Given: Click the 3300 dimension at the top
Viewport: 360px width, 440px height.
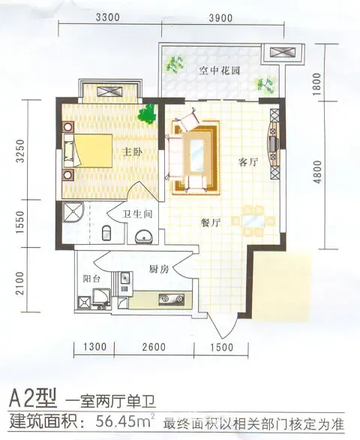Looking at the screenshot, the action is click(108, 17).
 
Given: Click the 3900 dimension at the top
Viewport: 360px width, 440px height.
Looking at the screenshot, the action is click(220, 18).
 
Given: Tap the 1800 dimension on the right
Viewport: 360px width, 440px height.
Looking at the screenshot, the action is click(316, 84).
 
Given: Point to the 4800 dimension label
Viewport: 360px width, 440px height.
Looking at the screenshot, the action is click(317, 172).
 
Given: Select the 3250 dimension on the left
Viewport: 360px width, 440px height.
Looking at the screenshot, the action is click(20, 151).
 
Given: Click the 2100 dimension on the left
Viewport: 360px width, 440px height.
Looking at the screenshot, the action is click(20, 283).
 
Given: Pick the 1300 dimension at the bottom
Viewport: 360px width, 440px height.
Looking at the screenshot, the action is click(95, 347).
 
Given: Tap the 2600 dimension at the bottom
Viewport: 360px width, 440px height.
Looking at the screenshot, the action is click(154, 347).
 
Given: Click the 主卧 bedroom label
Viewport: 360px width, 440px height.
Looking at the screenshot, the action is click(133, 152).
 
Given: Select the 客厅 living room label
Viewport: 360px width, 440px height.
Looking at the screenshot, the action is click(248, 162).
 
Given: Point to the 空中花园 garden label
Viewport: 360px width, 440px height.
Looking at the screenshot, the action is click(220, 71).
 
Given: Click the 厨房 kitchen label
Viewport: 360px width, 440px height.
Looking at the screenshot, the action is click(159, 270).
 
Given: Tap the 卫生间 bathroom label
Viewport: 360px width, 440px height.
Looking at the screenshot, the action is click(137, 215).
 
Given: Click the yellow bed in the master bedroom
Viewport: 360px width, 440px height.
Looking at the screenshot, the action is click(88, 151).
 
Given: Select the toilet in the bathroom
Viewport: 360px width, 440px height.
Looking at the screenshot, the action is click(106, 233).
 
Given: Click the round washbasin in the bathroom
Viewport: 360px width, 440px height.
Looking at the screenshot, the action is click(144, 236).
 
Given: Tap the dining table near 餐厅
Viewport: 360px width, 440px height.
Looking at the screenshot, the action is click(253, 221).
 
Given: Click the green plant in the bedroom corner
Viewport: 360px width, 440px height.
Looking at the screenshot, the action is click(147, 113).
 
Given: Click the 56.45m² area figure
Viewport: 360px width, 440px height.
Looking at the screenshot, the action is click(125, 420).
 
